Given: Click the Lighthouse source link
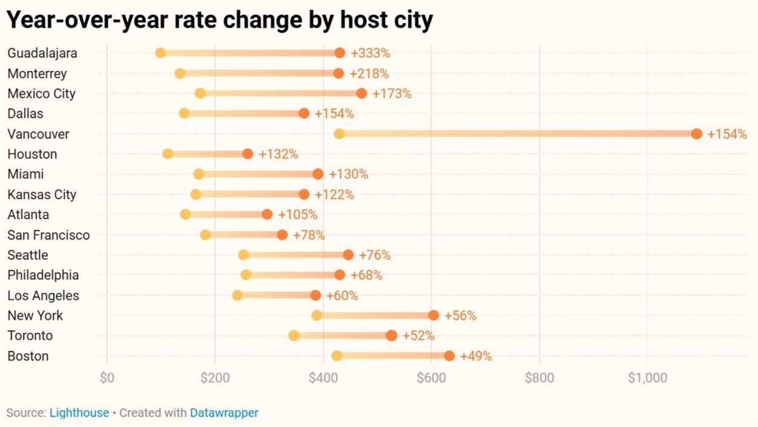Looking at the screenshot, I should click(79, 413).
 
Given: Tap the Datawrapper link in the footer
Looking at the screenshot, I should click(224, 413).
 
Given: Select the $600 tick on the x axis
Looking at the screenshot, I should click(431, 378).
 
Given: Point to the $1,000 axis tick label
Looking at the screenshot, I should click(647, 378).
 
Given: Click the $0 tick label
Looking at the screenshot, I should click(107, 378).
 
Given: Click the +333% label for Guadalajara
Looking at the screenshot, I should click(370, 53).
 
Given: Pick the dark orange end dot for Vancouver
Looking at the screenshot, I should click(696, 134).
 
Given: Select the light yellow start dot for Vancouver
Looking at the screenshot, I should click(339, 134).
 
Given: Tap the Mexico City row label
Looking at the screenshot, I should click(42, 94).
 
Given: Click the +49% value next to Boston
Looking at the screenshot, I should click(476, 356).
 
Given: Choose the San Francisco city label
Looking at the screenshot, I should click(48, 235).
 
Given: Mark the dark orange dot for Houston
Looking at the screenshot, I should click(248, 154).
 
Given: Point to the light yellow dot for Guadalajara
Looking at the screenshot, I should click(160, 53).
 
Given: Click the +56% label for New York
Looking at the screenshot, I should click(460, 316).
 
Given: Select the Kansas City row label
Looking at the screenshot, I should click(42, 195).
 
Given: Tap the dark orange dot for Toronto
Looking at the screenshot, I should click(392, 336).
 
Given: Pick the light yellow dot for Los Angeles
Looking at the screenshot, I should click(237, 296).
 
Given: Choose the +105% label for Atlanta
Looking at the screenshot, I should click(297, 215).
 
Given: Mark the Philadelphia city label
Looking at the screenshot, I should click(43, 275).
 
